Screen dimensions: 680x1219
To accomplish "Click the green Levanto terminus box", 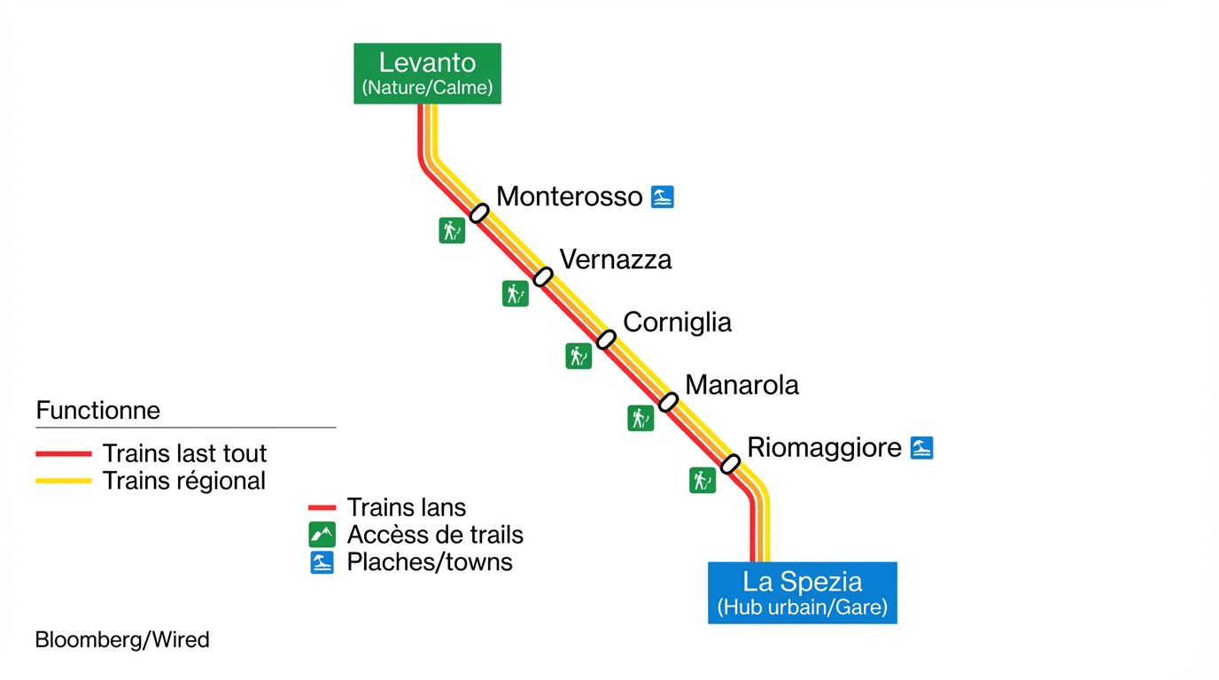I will pyautogui.click(x=427, y=73).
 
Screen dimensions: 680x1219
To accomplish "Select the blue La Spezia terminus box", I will pyautogui.click(x=802, y=592).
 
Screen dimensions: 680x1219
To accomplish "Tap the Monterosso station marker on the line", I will pyautogui.click(x=479, y=212).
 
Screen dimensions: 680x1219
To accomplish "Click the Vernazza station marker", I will pyautogui.click(x=543, y=276).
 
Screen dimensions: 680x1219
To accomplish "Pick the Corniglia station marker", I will pyautogui.click(x=606, y=339).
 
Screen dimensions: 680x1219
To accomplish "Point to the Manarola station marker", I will pyautogui.click(x=669, y=402).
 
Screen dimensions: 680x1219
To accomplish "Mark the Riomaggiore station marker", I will pyautogui.click(x=730, y=464).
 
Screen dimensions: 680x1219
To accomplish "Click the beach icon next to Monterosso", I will pyautogui.click(x=663, y=197).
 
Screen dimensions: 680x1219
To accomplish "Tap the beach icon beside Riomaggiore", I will pyautogui.click(x=922, y=448).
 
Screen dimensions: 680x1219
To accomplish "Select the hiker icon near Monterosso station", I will pyautogui.click(x=452, y=230).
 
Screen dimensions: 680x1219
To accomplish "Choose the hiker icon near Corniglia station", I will pyautogui.click(x=578, y=356).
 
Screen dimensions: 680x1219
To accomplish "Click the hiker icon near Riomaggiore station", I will pyautogui.click(x=703, y=480).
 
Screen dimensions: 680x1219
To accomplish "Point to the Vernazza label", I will pyautogui.click(x=616, y=259).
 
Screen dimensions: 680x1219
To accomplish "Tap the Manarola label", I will pyautogui.click(x=741, y=385).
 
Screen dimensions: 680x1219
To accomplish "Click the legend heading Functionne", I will pyautogui.click(x=98, y=411).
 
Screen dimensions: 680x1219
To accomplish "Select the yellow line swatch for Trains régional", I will pyautogui.click(x=64, y=481).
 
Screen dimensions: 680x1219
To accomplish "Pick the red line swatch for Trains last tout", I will pyautogui.click(x=64, y=453).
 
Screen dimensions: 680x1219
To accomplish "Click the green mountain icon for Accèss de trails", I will pyautogui.click(x=322, y=535).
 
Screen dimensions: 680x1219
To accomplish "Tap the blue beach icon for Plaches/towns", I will pyautogui.click(x=322, y=562).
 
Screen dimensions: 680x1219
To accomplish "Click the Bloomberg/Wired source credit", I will pyautogui.click(x=122, y=639).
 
